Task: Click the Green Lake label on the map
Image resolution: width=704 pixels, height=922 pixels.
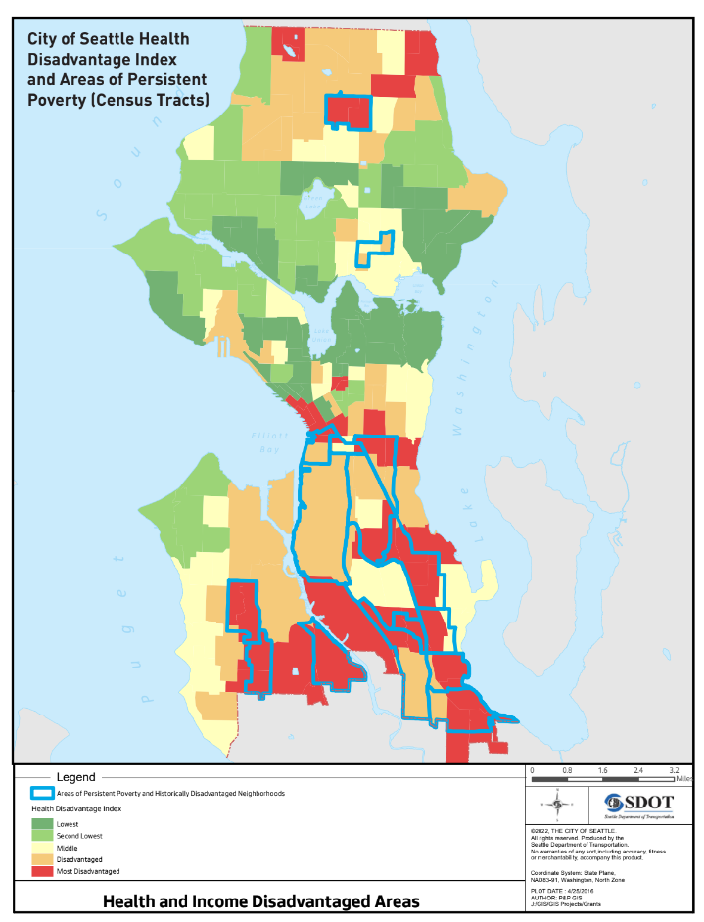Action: [x=312, y=200]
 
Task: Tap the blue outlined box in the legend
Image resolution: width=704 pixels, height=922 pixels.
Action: [x=42, y=793]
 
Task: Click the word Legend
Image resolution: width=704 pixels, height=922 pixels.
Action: [x=75, y=777]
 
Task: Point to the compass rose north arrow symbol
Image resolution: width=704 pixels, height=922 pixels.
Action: [x=557, y=805]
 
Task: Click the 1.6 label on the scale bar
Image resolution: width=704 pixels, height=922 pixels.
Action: [x=602, y=771]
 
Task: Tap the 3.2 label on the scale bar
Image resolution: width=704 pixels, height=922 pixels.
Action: [x=674, y=771]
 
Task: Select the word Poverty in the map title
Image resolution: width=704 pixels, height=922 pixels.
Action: [x=56, y=100]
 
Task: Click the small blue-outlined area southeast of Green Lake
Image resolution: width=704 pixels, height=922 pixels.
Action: [x=374, y=249]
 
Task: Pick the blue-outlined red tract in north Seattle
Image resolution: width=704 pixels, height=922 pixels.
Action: [x=350, y=111]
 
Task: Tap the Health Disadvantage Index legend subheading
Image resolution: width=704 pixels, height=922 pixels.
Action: [x=76, y=809]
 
